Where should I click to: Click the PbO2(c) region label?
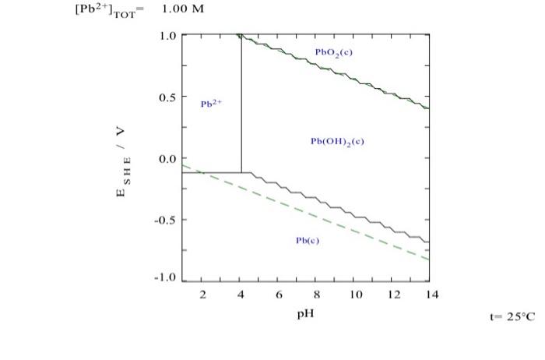tap(332, 52)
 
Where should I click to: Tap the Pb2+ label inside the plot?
tap(211, 103)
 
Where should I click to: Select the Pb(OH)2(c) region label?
tap(337, 141)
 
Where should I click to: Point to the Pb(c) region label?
tap(308, 241)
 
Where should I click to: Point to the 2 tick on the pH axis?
tap(202, 295)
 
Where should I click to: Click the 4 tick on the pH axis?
tap(241, 295)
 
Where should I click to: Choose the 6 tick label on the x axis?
tap(279, 295)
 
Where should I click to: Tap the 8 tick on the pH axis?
tap(317, 295)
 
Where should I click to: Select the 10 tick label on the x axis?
tap(356, 295)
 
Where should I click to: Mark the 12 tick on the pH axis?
tap(394, 295)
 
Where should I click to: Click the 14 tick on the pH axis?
tap(432, 295)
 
